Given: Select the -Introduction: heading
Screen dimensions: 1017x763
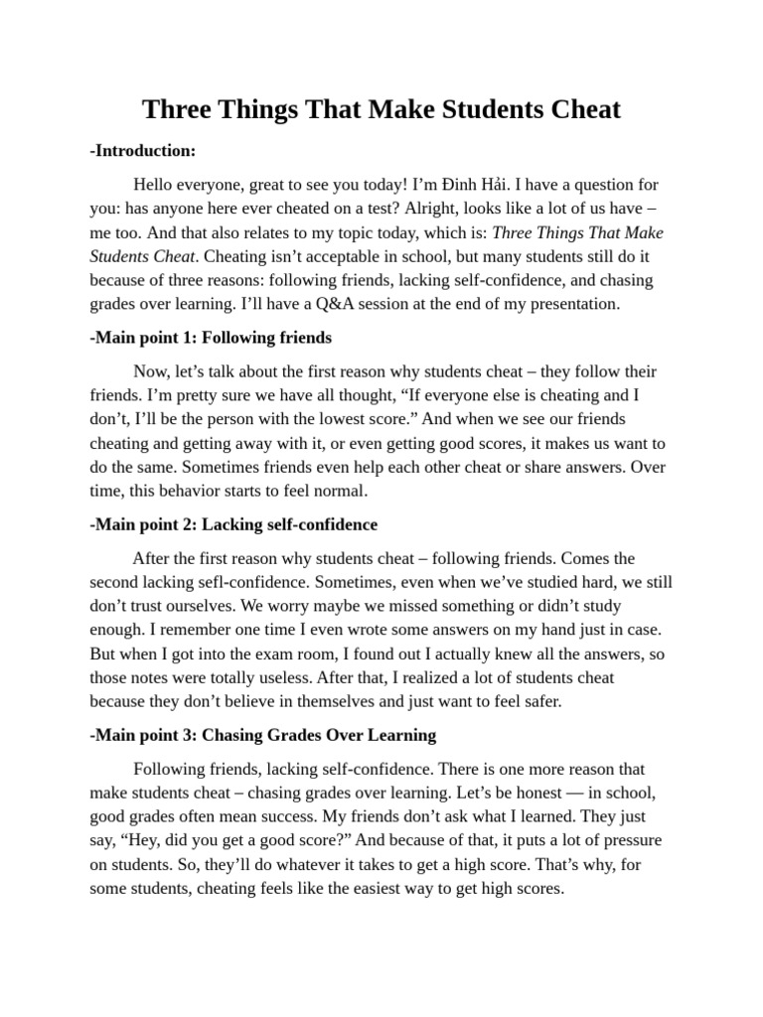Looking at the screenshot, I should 142,150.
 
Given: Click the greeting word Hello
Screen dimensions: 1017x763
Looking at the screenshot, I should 157,185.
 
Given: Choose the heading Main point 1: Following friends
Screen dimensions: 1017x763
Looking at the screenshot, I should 211,338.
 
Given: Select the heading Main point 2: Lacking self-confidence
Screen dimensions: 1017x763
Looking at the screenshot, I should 233,523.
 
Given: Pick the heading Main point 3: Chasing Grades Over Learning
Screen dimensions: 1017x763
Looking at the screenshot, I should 262,735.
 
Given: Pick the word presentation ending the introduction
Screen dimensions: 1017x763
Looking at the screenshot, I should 570,304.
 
